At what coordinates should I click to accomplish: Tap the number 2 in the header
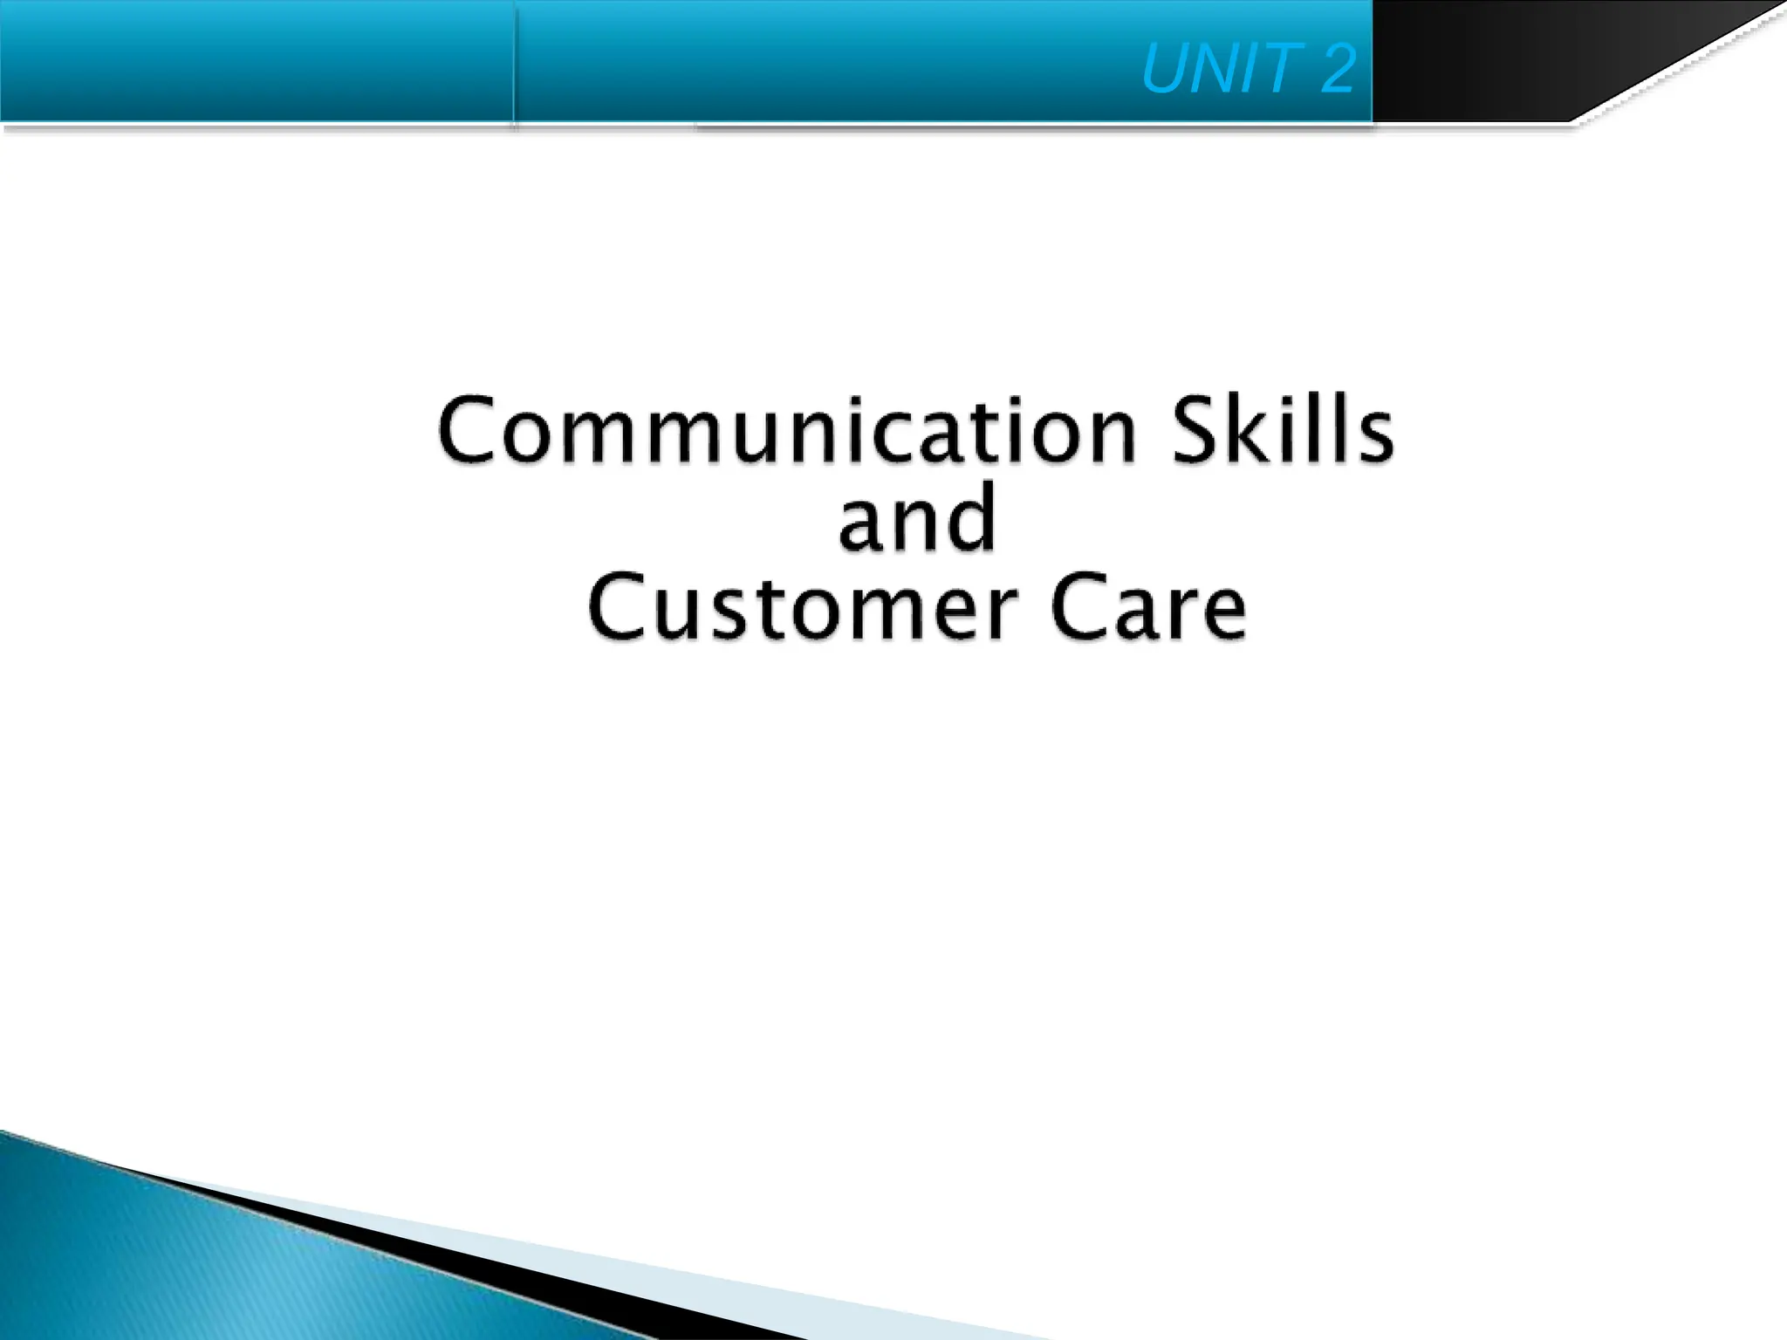(1337, 69)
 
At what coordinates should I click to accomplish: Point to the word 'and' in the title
(916, 518)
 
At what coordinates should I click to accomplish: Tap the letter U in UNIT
(1166, 69)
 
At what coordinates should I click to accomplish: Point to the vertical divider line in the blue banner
(515, 61)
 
